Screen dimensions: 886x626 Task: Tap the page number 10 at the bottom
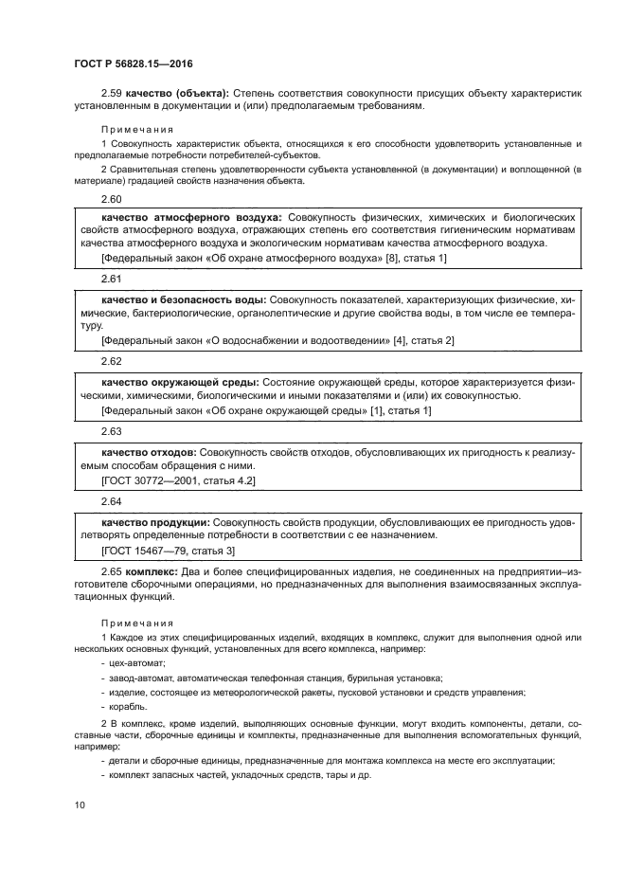pos(80,805)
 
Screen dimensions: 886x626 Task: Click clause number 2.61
pos(112,280)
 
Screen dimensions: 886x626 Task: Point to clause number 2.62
pos(112,361)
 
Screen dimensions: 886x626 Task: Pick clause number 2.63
pos(112,430)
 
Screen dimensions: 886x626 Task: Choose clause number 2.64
pos(112,499)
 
